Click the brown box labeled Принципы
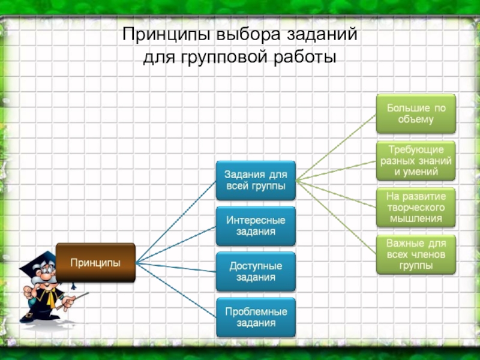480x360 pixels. [95, 262]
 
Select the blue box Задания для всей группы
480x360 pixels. [256, 180]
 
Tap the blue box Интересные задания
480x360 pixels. [256, 226]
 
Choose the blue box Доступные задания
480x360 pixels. [256, 272]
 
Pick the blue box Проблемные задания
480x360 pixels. [256, 317]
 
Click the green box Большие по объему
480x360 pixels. [416, 113]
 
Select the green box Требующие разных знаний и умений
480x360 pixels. [416, 161]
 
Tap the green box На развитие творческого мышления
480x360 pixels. [416, 208]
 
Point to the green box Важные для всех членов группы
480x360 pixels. [416, 254]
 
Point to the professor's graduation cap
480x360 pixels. [36, 262]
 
